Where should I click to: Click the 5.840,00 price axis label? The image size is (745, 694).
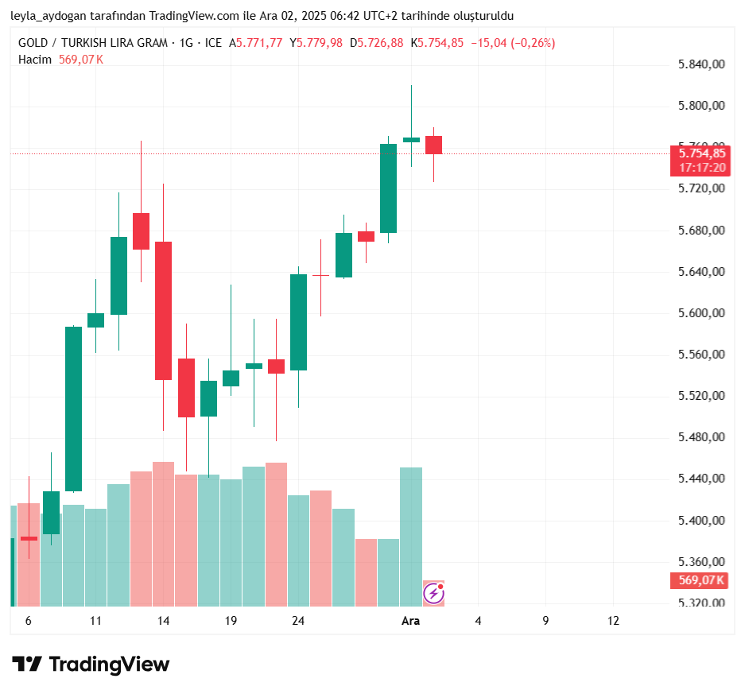coord(702,64)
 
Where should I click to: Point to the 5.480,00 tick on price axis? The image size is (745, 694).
coord(702,437)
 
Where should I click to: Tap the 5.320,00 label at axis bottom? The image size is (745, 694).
coord(702,603)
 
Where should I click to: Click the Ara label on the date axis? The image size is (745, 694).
coord(410,621)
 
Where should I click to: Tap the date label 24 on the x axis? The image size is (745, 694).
coord(298,621)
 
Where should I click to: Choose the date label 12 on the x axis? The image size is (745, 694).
coord(613,621)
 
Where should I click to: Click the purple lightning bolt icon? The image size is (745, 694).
coord(433,592)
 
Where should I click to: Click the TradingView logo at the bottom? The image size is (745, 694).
coord(91,665)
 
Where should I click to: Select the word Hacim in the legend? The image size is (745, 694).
coord(35,60)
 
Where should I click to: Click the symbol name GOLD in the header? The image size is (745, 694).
coord(34,43)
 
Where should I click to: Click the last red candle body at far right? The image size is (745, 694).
coord(433,145)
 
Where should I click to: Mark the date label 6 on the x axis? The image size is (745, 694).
coord(29,621)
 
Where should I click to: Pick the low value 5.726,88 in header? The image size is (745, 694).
coord(380,43)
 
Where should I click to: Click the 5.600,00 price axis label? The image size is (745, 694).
coord(702,313)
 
